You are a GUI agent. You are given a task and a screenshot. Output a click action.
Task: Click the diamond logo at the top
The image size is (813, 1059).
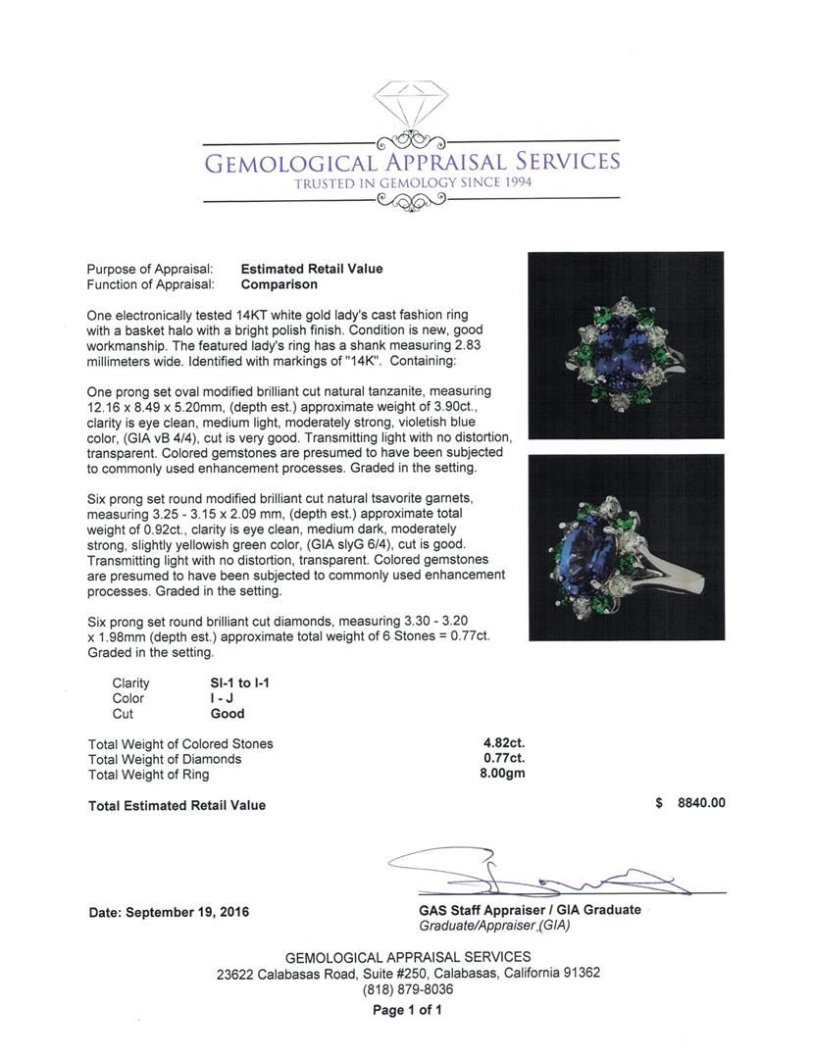(411, 102)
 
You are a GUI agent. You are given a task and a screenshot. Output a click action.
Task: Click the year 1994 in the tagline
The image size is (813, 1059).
(508, 183)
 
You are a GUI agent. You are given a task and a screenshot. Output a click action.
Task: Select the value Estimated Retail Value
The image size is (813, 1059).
(312, 269)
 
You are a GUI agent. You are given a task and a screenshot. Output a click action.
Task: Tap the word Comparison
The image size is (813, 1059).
(279, 284)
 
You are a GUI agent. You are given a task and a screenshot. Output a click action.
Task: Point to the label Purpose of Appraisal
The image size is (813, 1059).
(150, 269)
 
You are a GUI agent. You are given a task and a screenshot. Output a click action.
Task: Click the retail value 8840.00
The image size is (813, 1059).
(701, 803)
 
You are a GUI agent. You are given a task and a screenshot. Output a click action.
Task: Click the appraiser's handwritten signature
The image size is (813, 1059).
(530, 872)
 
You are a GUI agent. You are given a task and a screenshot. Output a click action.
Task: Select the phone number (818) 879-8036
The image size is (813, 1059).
(408, 989)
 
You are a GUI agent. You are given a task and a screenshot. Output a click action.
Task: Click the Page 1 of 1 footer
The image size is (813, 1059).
(408, 1010)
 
